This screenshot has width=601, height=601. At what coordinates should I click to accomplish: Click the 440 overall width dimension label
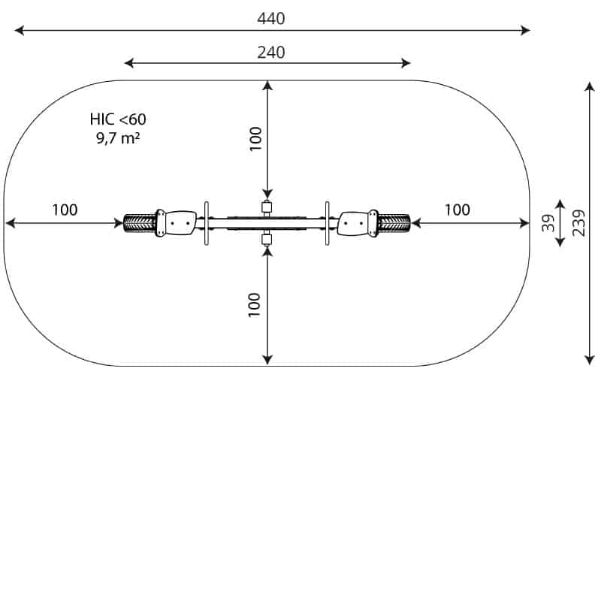click(x=270, y=19)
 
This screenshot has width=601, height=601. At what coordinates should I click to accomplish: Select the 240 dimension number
click(x=270, y=53)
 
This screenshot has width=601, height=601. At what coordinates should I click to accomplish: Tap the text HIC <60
click(x=118, y=119)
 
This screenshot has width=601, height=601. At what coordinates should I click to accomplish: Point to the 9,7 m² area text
click(x=118, y=137)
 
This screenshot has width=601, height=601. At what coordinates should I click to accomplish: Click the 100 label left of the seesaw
click(x=65, y=210)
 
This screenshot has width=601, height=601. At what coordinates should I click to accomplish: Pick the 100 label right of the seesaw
click(x=457, y=210)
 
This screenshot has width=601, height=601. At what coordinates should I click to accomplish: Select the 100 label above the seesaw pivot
click(x=255, y=138)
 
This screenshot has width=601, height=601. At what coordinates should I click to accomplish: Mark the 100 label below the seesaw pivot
click(x=254, y=305)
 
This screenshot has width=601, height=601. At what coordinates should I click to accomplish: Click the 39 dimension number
click(x=548, y=222)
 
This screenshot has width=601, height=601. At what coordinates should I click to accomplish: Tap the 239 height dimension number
click(x=578, y=223)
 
